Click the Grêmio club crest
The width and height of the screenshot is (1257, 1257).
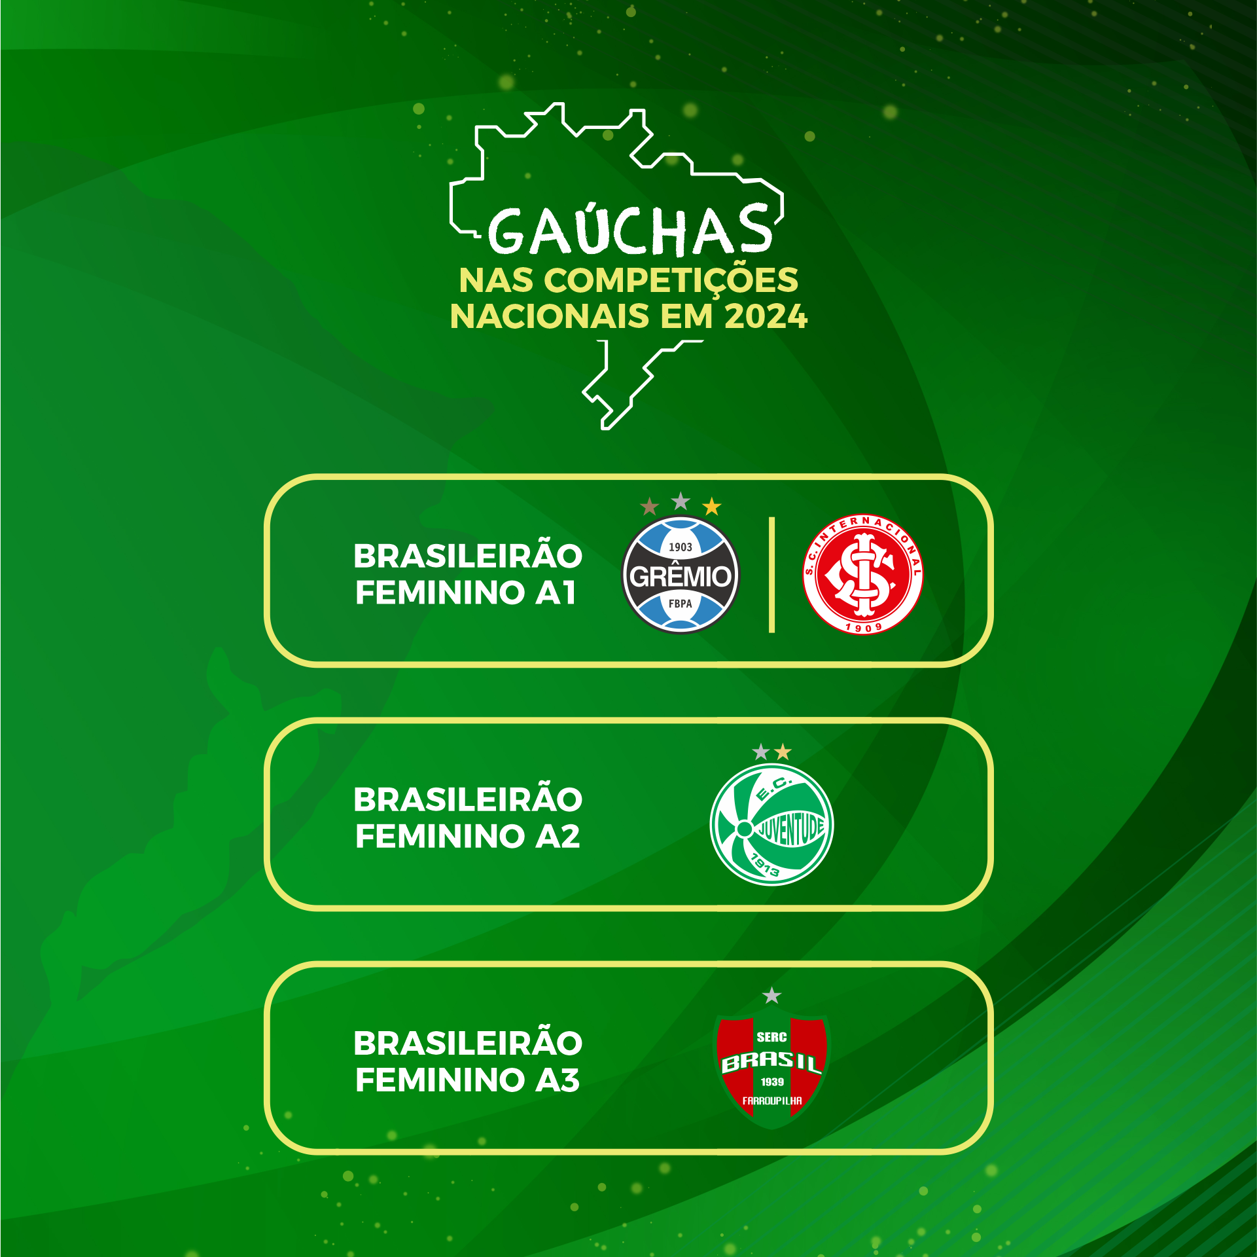click(680, 575)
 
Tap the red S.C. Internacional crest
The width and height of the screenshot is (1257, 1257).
click(862, 574)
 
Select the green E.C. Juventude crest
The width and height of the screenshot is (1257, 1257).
click(771, 825)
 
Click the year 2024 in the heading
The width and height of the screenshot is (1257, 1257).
click(766, 316)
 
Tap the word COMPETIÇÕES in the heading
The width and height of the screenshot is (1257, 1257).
click(671, 281)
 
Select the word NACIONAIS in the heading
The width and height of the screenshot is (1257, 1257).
click(550, 316)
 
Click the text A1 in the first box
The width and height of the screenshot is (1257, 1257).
click(556, 592)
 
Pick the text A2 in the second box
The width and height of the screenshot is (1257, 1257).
click(558, 836)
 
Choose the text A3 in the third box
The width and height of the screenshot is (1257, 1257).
click(558, 1080)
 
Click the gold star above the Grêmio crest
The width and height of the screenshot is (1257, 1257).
click(711, 506)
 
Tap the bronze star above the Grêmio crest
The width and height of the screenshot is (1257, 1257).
click(649, 506)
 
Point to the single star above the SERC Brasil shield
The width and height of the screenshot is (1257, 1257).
click(772, 996)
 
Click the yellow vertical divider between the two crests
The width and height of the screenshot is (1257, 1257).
click(772, 575)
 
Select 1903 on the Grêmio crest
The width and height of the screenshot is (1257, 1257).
click(681, 547)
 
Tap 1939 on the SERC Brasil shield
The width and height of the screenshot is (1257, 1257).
click(772, 1082)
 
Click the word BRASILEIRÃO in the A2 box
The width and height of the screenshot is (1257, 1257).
click(468, 800)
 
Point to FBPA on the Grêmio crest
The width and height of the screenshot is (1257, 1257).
click(681, 604)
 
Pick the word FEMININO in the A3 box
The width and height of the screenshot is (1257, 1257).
click(440, 1080)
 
